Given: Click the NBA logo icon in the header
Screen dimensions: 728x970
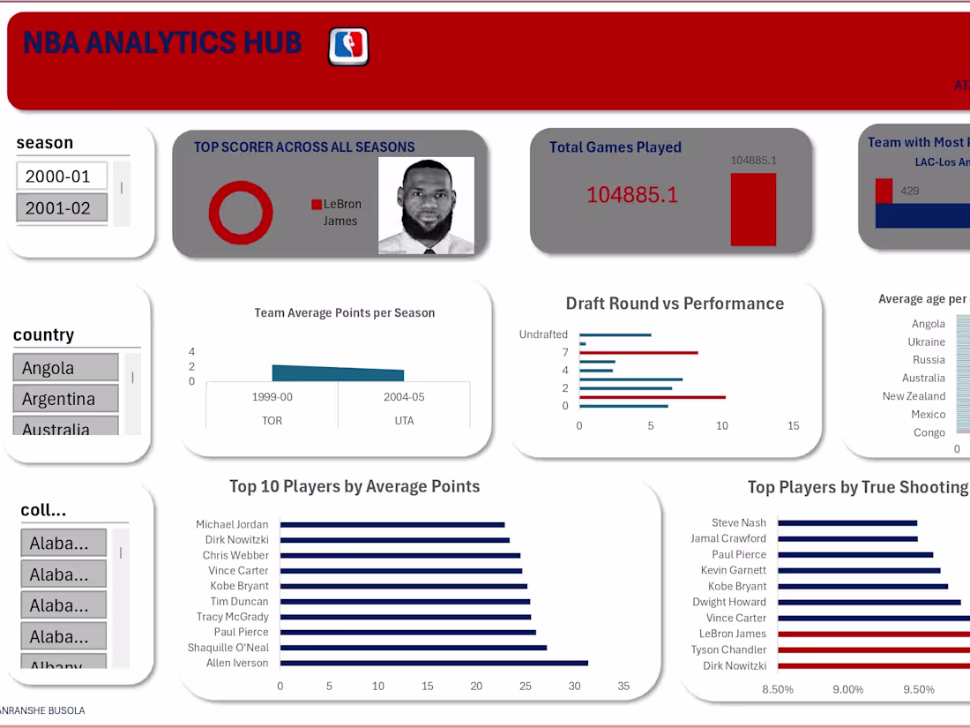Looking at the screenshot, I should click(x=348, y=46).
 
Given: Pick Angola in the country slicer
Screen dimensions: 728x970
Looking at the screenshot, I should click(x=65, y=368).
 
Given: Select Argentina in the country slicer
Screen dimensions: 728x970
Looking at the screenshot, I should click(x=65, y=399).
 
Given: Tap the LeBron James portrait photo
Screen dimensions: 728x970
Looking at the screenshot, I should click(x=426, y=206).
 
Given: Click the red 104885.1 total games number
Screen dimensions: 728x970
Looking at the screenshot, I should click(x=632, y=195).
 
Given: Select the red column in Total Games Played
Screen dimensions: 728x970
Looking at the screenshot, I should click(x=753, y=209).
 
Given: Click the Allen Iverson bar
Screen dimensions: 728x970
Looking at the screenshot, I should click(x=434, y=664).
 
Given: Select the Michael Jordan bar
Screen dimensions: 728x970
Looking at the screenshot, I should click(x=392, y=525).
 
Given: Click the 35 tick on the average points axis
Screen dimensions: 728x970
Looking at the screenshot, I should click(x=623, y=687).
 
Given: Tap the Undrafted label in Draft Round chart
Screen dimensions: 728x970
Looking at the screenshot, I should click(x=543, y=334).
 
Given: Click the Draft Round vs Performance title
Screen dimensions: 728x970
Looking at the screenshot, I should click(x=675, y=304).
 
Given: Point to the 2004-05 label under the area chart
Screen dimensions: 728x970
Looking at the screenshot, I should click(x=404, y=397).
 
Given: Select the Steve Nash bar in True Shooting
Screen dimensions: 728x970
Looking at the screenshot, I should click(x=847, y=523).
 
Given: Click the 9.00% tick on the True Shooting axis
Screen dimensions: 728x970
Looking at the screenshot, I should click(x=847, y=689).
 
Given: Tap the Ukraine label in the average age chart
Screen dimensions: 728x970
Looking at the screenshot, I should click(x=926, y=341).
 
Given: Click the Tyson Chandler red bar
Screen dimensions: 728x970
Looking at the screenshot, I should click(x=873, y=650).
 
